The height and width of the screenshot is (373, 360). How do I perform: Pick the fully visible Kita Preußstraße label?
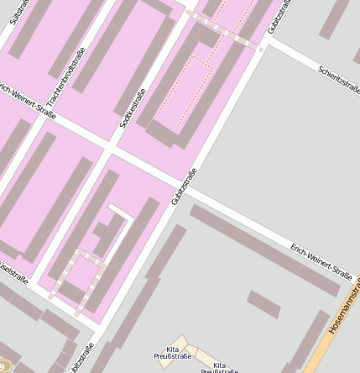click(173, 352)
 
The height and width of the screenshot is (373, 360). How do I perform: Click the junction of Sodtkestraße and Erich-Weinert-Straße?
click(109, 150)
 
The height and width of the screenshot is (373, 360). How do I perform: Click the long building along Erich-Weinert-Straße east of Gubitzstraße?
click(264, 249)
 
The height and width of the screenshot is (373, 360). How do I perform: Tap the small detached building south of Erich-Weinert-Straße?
click(263, 303)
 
